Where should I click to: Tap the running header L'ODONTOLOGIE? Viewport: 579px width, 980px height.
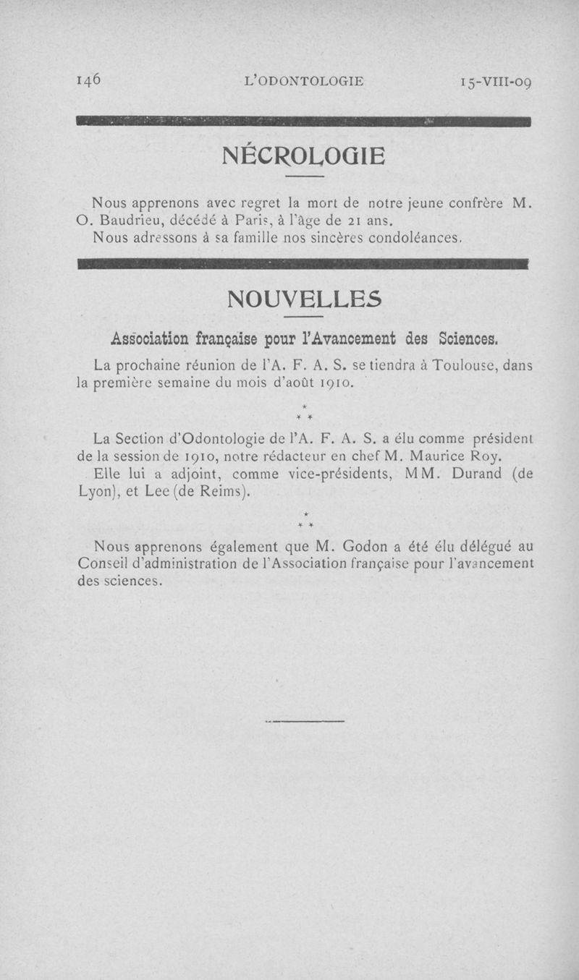[x=304, y=82]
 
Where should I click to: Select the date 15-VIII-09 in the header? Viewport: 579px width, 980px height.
[x=496, y=82]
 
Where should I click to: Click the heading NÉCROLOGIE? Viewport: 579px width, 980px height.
[x=304, y=155]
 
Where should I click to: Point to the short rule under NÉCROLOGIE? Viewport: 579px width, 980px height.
[x=304, y=177]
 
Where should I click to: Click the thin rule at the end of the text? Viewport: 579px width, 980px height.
[x=305, y=721]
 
